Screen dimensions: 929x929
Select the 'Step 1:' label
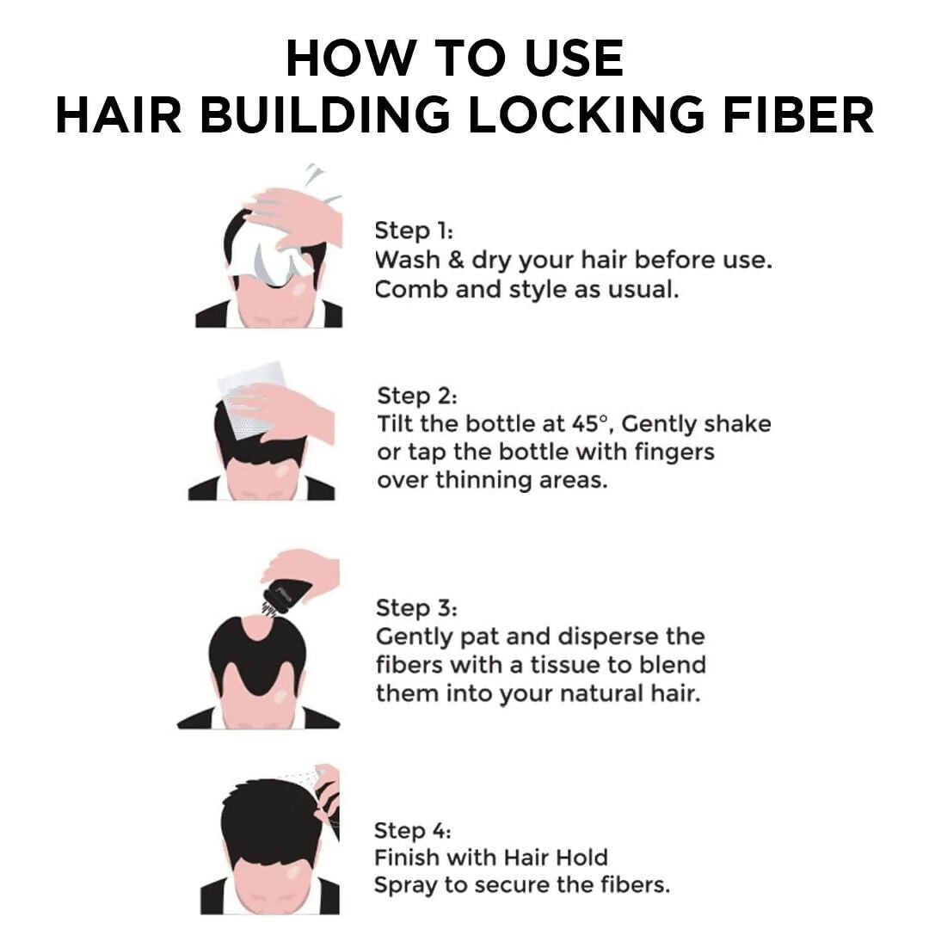point(414,231)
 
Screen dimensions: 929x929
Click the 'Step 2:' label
point(417,397)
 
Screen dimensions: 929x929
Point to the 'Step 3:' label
point(416,608)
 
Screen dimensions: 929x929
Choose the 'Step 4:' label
point(413,831)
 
